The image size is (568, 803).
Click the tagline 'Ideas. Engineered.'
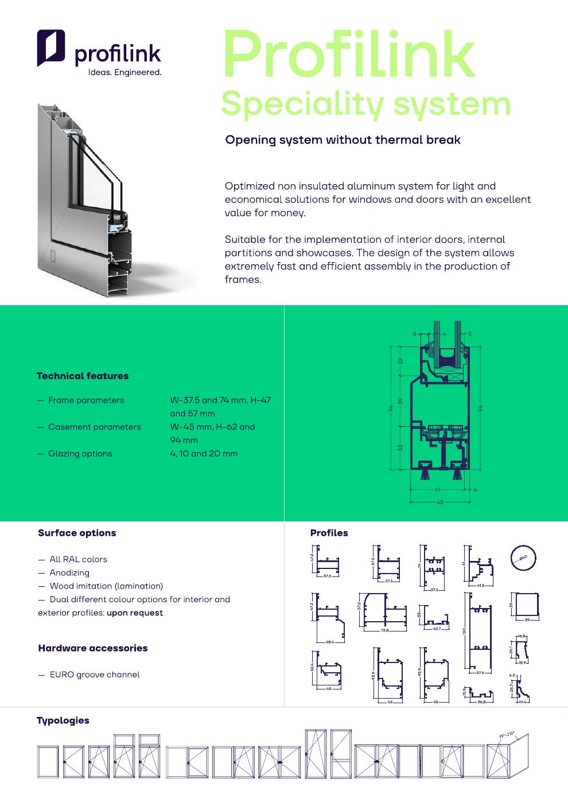click(124, 72)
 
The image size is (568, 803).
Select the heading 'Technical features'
click(83, 376)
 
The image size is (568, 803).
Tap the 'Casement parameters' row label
click(94, 427)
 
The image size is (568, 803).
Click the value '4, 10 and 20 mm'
click(204, 454)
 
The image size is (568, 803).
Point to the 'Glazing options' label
click(80, 454)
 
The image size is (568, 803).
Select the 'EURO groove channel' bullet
click(94, 675)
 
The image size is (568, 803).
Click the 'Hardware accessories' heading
click(93, 648)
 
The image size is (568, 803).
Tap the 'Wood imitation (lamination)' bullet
click(106, 586)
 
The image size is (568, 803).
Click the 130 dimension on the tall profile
click(465, 631)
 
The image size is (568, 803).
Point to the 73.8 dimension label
click(384, 631)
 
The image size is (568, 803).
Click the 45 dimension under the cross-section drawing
click(440, 502)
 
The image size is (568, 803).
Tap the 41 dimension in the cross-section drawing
click(438, 490)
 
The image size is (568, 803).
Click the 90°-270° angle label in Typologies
click(506, 735)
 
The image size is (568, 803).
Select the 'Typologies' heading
click(63, 720)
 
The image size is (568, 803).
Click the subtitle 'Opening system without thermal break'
click(343, 140)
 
